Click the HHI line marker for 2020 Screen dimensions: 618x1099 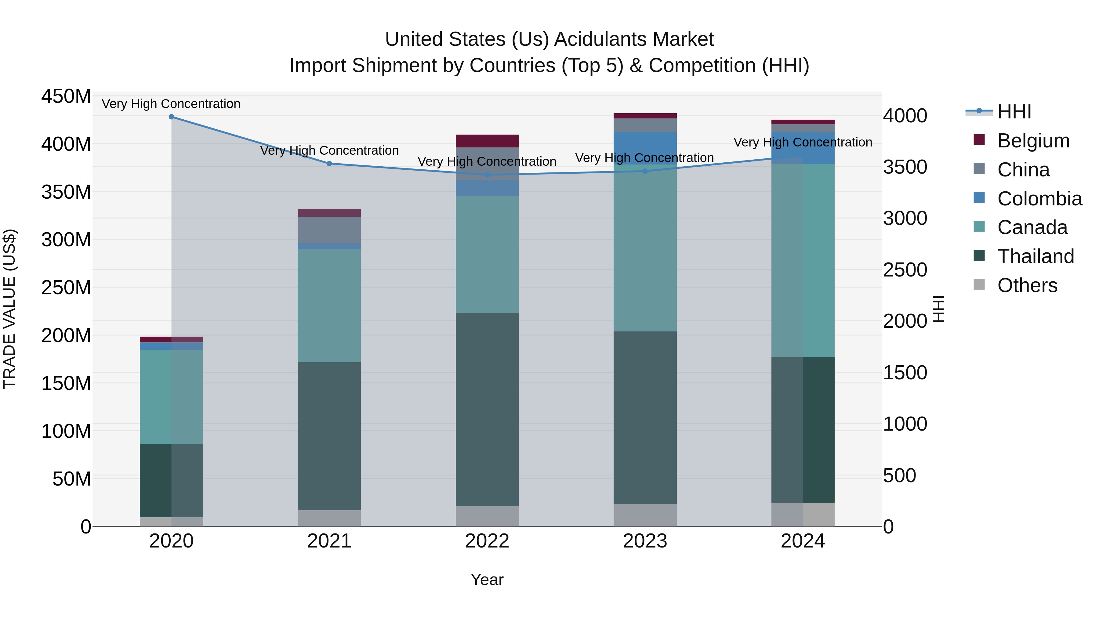tap(172, 117)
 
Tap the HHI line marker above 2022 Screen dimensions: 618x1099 tap(487, 175)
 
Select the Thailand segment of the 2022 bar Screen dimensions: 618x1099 tap(487, 410)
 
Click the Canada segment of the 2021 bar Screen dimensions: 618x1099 tap(329, 305)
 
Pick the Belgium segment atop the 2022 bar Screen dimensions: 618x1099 tap(487, 141)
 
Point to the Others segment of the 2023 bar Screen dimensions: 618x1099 tap(645, 515)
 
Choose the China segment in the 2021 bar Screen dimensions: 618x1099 tap(329, 230)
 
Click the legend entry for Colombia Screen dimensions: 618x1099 tap(1039, 199)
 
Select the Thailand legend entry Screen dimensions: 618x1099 tap(1036, 256)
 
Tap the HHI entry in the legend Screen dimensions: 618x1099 tap(1014, 112)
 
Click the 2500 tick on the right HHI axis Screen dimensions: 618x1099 tap(905, 270)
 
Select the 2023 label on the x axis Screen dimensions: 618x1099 tap(645, 541)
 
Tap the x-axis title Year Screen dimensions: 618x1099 tap(487, 580)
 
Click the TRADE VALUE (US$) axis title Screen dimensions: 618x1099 tap(10, 309)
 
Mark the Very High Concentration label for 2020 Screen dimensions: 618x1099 tap(171, 104)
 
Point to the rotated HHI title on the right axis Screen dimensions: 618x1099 tap(939, 309)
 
